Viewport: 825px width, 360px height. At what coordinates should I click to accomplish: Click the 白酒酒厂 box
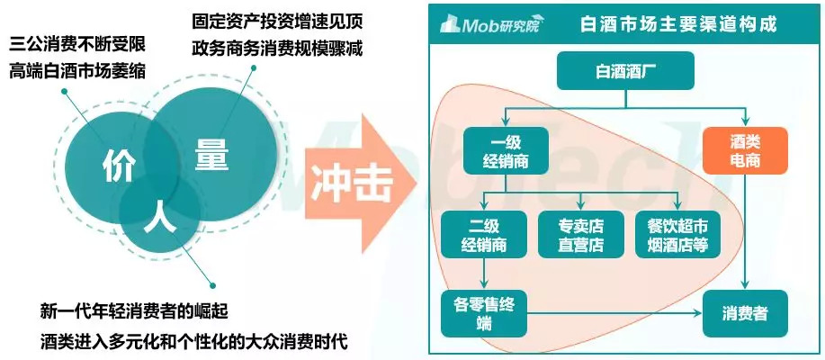pos(625,70)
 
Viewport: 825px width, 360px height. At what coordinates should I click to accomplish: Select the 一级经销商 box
pos(506,151)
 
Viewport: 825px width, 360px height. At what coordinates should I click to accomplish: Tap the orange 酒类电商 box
pos(744,151)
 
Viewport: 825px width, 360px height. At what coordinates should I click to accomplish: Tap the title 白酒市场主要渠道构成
pos(677,23)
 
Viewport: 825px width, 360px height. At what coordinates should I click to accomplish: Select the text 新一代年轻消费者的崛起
pos(134,312)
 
